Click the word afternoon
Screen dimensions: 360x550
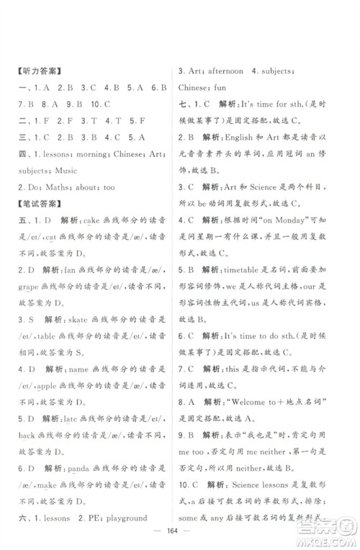233,73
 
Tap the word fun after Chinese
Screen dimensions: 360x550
223,87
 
